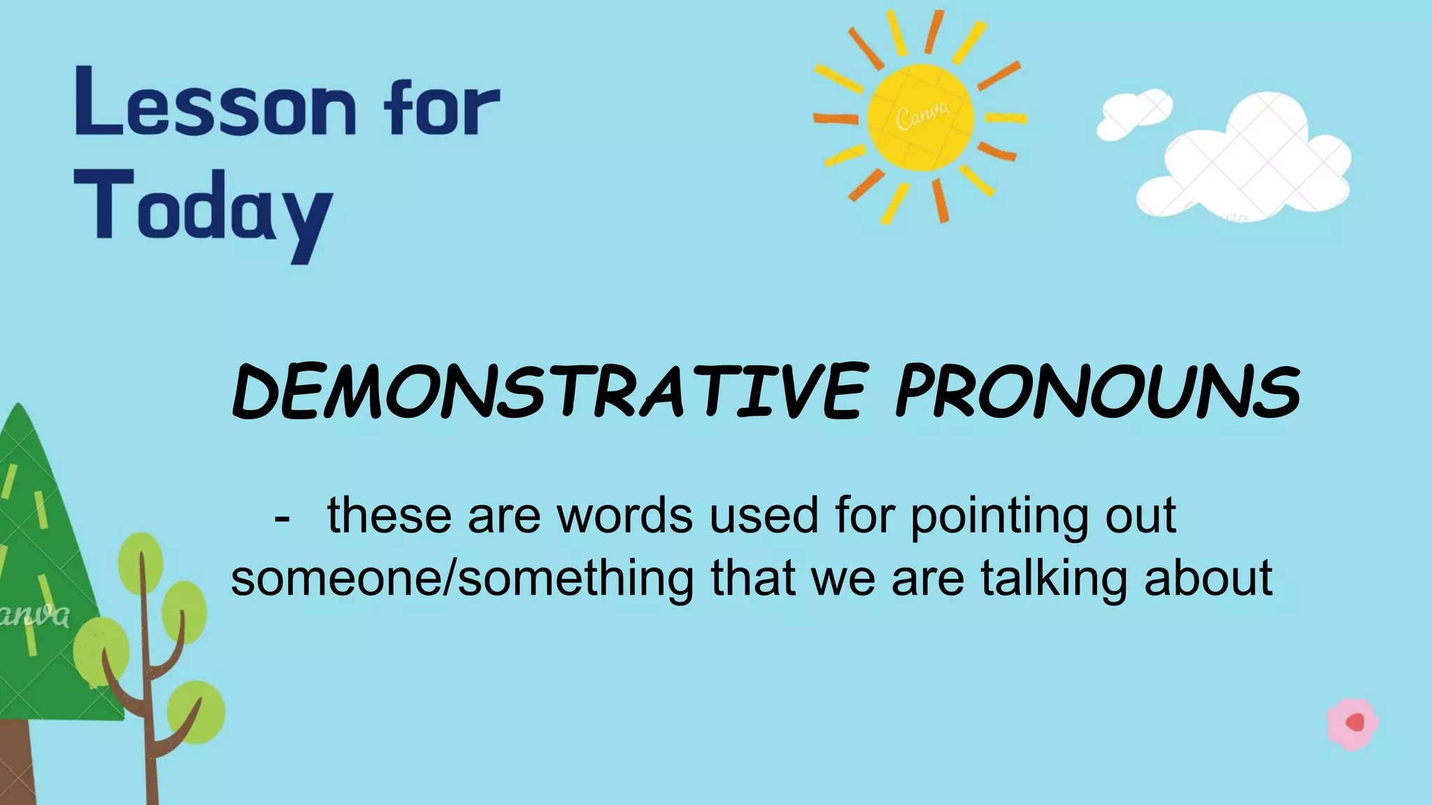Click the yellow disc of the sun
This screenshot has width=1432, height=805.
click(920, 117)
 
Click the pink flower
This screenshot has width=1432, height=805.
click(1352, 724)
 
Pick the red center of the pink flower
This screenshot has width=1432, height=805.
click(1355, 722)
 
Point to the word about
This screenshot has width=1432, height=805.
click(1208, 579)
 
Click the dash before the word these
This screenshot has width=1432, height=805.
click(282, 518)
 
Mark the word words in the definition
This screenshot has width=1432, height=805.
click(624, 516)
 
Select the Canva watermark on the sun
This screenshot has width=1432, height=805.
click(923, 115)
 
